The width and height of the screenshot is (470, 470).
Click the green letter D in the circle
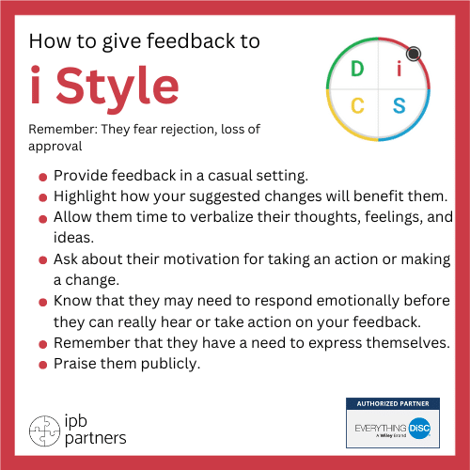(357, 70)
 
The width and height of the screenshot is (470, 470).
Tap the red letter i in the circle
(399, 70)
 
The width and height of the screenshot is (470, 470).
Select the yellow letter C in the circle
(357, 105)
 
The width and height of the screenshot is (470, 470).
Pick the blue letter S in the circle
(399, 105)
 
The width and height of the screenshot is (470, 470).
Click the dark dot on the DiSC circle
(415, 53)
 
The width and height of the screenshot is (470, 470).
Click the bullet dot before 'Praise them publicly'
(43, 363)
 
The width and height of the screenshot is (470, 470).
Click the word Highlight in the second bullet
(87, 196)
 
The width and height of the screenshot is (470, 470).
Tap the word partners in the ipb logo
(96, 437)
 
